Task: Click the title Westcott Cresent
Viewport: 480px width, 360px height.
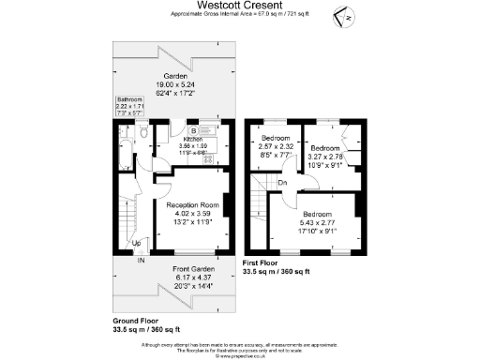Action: (239, 7)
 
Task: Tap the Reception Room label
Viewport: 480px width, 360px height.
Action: (192, 203)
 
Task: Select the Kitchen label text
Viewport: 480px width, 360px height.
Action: (191, 139)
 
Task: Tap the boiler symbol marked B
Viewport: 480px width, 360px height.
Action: (193, 130)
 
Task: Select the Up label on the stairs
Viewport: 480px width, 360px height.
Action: (137, 244)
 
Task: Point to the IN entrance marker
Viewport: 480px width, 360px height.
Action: (141, 260)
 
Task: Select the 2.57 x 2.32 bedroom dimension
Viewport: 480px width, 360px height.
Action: (277, 145)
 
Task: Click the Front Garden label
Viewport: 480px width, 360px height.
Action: (192, 270)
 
